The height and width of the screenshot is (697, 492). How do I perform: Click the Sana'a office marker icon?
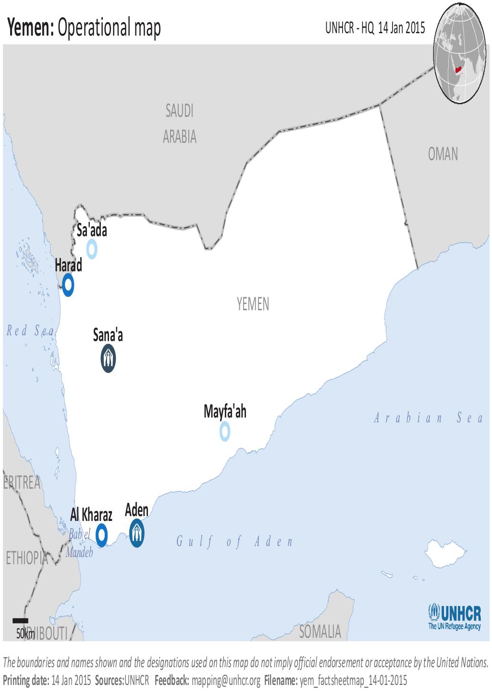[x=109, y=359]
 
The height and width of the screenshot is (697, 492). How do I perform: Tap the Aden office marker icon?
[x=137, y=533]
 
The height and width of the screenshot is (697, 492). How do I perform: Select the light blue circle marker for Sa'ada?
[x=92, y=249]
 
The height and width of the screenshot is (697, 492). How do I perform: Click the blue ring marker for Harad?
[x=68, y=285]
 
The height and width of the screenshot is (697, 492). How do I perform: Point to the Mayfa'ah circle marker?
[x=224, y=431]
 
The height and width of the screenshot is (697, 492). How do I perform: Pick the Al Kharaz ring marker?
[x=101, y=534]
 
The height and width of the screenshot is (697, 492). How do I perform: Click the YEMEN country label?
[x=253, y=304]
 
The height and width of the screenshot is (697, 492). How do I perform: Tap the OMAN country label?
[x=443, y=154]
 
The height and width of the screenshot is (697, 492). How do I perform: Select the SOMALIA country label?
[x=320, y=632]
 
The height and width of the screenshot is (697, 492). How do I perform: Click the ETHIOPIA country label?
[x=27, y=558]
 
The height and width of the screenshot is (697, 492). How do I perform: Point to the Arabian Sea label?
[x=429, y=418]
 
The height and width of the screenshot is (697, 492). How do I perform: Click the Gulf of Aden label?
[x=234, y=542]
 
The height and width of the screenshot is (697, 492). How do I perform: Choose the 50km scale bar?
[x=20, y=621]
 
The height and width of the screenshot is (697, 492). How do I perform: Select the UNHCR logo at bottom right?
[x=454, y=617]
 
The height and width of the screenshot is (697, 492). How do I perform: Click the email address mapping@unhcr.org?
[x=226, y=681]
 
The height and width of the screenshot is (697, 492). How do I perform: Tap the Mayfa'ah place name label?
[x=225, y=412]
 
